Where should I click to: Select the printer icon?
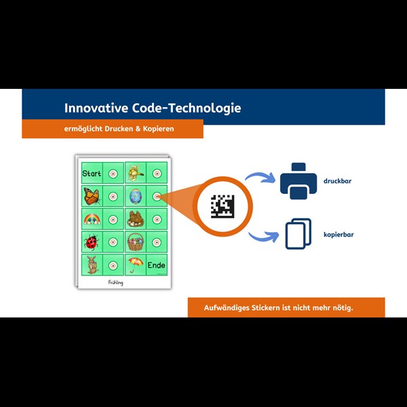click(x=298, y=181)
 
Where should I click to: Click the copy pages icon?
click(x=298, y=233)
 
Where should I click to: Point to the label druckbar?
click(x=337, y=182)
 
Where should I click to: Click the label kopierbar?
click(x=338, y=234)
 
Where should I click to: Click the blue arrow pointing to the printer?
click(x=261, y=178)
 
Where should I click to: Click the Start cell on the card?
click(x=92, y=174)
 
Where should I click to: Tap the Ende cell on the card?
click(x=157, y=265)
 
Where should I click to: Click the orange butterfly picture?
click(x=92, y=197)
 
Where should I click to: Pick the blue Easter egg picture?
click(x=136, y=197)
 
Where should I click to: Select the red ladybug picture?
click(x=91, y=241)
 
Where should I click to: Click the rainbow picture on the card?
click(x=92, y=219)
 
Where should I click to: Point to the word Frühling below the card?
click(x=116, y=282)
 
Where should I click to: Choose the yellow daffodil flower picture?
click(x=136, y=173)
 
